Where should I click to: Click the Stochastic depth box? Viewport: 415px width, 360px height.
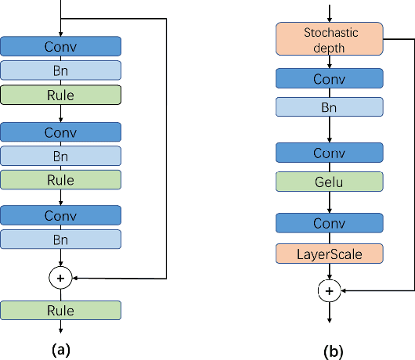click(329, 39)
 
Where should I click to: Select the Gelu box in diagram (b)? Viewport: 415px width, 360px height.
click(329, 182)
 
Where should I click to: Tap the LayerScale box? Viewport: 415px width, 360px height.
click(329, 253)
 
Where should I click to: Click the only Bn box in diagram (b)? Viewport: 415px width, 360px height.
click(329, 108)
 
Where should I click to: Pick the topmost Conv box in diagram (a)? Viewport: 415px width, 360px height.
click(60, 46)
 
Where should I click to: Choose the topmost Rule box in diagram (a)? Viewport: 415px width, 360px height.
click(60, 95)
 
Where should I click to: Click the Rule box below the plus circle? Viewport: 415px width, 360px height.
click(60, 311)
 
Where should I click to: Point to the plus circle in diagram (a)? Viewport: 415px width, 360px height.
click(60, 277)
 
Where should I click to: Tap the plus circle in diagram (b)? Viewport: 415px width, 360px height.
click(329, 290)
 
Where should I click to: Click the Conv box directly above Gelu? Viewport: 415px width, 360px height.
click(329, 152)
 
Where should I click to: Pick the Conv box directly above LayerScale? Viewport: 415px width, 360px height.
click(329, 223)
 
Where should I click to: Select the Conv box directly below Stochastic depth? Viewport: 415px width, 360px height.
click(329, 79)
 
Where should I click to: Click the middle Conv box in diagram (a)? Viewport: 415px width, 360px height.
click(60, 131)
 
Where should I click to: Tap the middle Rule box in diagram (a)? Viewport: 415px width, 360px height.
click(60, 180)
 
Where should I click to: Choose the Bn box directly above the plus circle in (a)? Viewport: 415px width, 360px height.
click(60, 239)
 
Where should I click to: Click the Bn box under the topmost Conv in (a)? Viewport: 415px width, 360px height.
click(60, 70)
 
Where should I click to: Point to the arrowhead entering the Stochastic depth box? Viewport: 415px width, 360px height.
click(329, 20)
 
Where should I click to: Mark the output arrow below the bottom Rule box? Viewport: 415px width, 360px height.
click(60, 330)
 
